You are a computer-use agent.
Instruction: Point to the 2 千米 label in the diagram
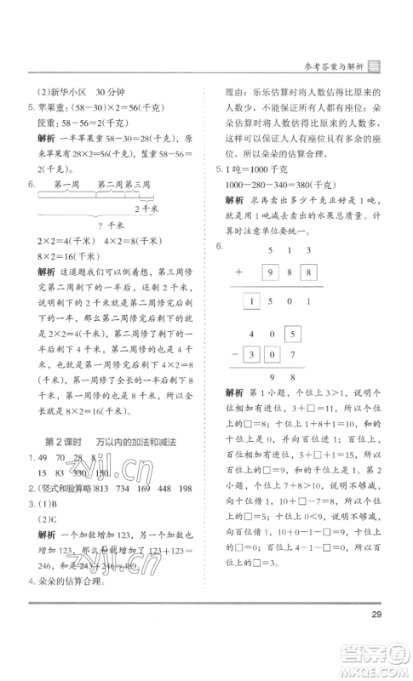click(x=146, y=209)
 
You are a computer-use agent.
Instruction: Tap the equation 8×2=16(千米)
click(x=69, y=255)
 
